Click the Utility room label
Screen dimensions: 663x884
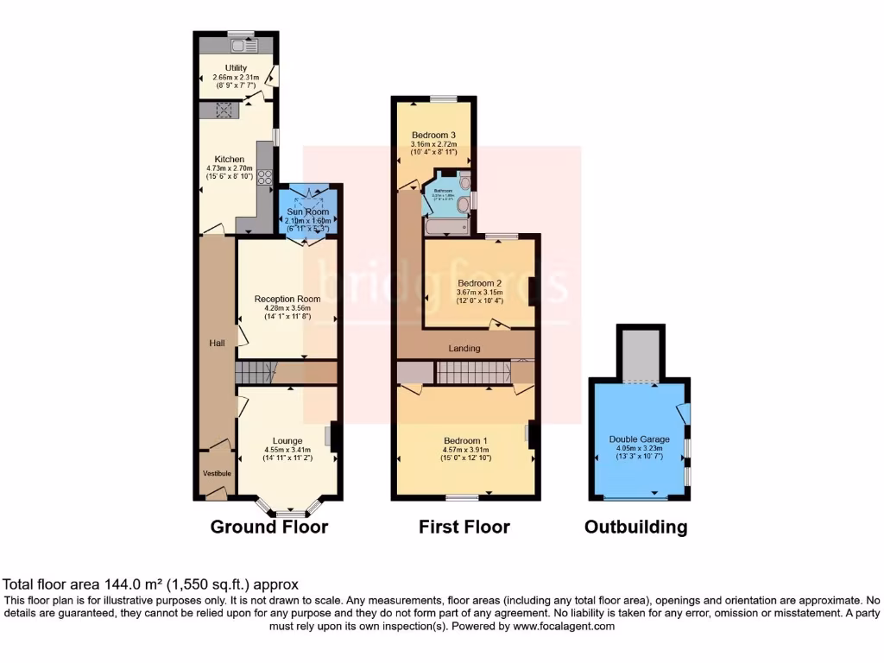tap(236, 68)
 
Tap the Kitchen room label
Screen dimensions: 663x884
tap(230, 160)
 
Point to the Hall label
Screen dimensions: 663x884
tap(217, 343)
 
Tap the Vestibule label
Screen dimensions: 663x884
tap(217, 474)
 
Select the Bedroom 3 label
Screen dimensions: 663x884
tap(433, 135)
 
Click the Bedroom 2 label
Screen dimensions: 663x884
tap(479, 283)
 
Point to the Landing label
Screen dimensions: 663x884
tap(464, 348)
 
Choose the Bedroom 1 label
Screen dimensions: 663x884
tap(466, 439)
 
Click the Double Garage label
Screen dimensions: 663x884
tap(640, 439)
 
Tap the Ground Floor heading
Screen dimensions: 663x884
tap(269, 527)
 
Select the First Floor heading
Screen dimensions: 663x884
tap(464, 527)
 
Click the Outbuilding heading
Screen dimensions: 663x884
tap(636, 527)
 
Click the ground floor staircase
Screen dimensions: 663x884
tap(259, 373)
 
